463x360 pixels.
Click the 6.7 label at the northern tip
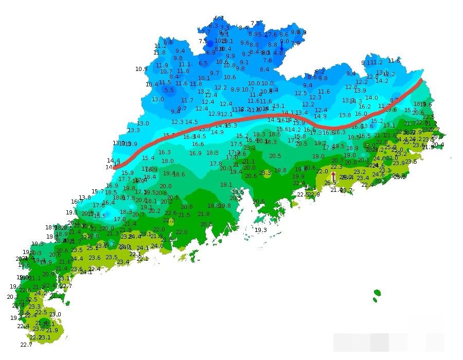click(x=219, y=19)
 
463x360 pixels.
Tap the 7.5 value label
click(x=203, y=41)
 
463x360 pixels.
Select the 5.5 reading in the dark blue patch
click(x=169, y=90)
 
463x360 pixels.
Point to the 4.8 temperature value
click(x=278, y=53)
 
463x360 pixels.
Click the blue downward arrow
click(x=281, y=47)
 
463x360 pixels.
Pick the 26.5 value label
click(x=330, y=183)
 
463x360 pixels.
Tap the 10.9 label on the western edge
click(x=141, y=69)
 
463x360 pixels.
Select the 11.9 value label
click(x=162, y=65)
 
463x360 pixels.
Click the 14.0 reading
click(x=371, y=98)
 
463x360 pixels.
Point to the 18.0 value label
click(x=168, y=161)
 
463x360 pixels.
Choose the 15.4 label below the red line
click(x=148, y=158)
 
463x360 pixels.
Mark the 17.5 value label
click(x=236, y=145)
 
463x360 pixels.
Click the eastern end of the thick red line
click(x=421, y=80)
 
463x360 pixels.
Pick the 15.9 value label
click(x=128, y=173)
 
